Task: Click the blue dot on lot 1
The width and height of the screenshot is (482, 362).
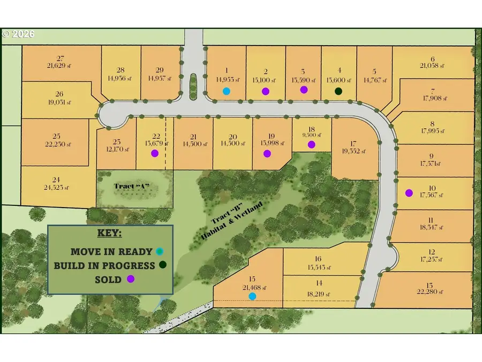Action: pyautogui.click(x=227, y=91)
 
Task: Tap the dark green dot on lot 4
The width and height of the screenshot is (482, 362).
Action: pyautogui.click(x=338, y=91)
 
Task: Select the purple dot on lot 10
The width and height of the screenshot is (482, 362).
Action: pyautogui.click(x=409, y=193)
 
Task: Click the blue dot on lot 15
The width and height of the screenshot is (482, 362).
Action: pyautogui.click(x=252, y=295)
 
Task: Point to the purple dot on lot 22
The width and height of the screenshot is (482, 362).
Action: pyautogui.click(x=155, y=153)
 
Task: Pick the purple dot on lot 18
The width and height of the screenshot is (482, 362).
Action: pyautogui.click(x=312, y=144)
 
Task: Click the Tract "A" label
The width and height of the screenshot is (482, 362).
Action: pyautogui.click(x=131, y=186)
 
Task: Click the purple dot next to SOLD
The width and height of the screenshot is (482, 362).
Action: pyautogui.click(x=130, y=279)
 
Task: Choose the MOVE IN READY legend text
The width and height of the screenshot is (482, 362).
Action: pyautogui.click(x=111, y=251)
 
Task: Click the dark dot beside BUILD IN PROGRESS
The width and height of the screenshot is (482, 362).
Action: pyautogui.click(x=162, y=264)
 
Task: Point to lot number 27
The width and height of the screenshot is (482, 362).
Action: pyautogui.click(x=60, y=58)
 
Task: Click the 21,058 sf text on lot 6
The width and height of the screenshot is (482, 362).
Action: pyautogui.click(x=433, y=66)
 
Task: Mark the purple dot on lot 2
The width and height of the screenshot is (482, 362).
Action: pyautogui.click(x=265, y=91)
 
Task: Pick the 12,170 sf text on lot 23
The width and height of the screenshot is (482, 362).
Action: pyautogui.click(x=116, y=149)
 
